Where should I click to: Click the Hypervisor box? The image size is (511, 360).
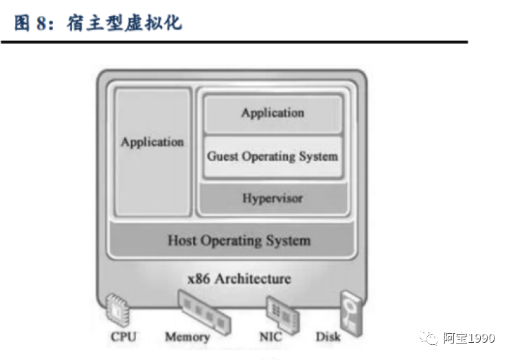pyautogui.click(x=273, y=199)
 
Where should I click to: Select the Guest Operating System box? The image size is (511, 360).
pyautogui.click(x=273, y=157)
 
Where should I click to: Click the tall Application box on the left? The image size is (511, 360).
pyautogui.click(x=152, y=151)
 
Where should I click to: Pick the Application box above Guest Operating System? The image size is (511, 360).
pyautogui.click(x=273, y=113)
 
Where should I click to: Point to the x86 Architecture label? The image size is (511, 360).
pyautogui.click(x=239, y=279)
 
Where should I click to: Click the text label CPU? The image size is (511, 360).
pyautogui.click(x=124, y=337)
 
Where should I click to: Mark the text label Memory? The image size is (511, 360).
pyautogui.click(x=187, y=337)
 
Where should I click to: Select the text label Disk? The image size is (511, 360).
pyautogui.click(x=328, y=337)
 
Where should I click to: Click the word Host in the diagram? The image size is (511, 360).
pyautogui.click(x=182, y=240)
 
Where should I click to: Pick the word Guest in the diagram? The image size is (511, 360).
pyautogui.click(x=223, y=157)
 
